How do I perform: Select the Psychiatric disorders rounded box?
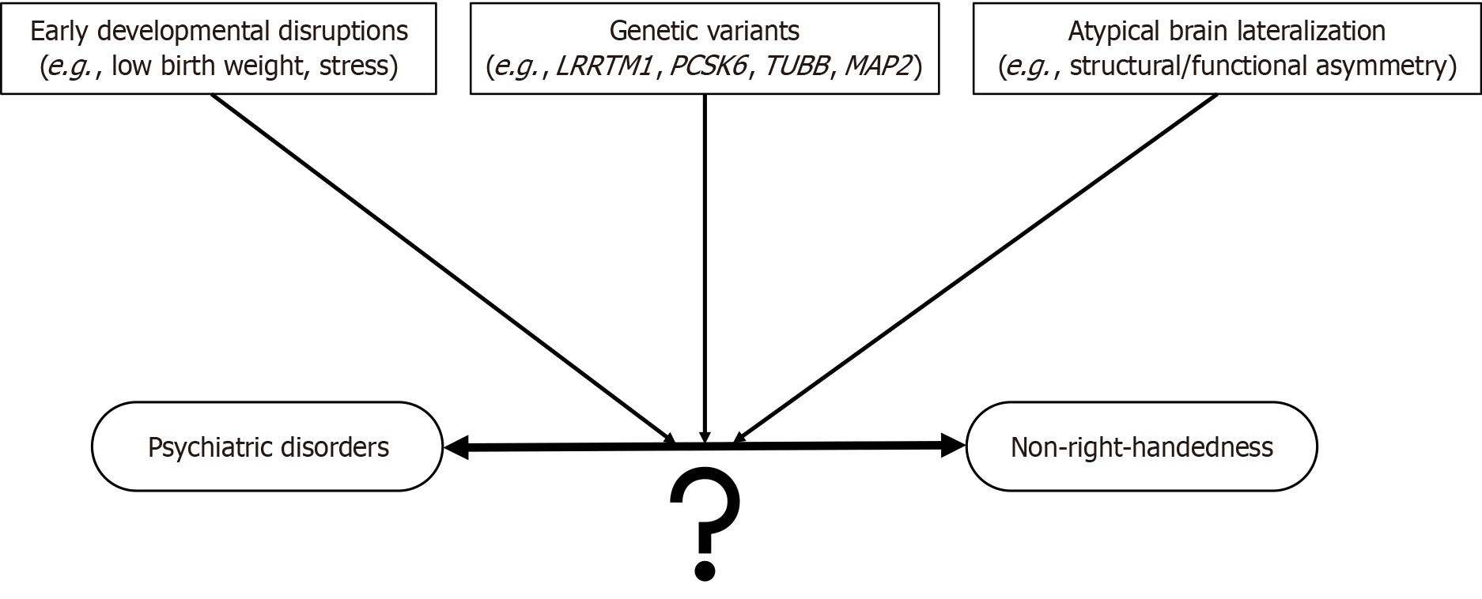[x=267, y=446]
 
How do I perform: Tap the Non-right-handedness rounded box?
[x=1141, y=446]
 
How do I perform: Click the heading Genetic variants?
[x=704, y=31]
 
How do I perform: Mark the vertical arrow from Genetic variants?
[x=704, y=261]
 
